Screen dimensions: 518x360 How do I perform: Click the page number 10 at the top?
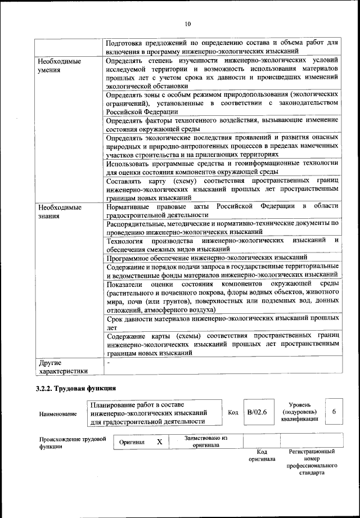coord(187,24)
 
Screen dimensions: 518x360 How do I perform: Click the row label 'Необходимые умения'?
coord(58,65)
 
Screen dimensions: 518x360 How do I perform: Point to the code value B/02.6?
coord(256,413)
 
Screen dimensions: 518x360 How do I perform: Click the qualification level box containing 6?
coord(334,412)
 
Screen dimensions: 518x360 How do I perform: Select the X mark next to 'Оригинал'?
coord(159,442)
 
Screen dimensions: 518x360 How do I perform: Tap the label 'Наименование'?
coord(58,414)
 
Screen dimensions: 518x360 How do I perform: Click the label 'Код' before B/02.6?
coord(233,412)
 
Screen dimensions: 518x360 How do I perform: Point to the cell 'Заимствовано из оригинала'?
coord(205,442)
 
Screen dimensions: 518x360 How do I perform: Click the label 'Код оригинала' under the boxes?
coord(262,455)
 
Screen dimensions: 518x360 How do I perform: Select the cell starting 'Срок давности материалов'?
coord(222,322)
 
